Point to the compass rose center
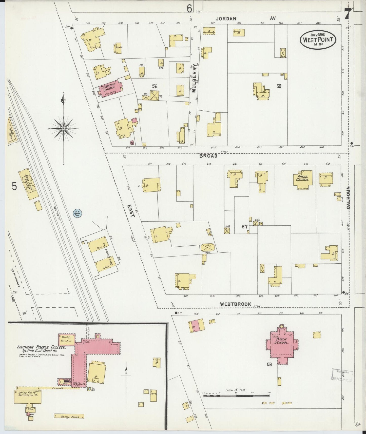[x=63, y=129]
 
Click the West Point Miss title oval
[x=318, y=40]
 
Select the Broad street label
[x=208, y=156]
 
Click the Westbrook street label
[x=235, y=304]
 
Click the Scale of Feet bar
[x=237, y=396]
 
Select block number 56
[x=155, y=86]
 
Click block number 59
[x=279, y=86]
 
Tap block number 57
[x=244, y=227]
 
